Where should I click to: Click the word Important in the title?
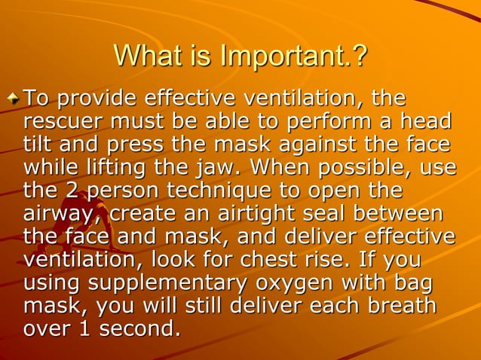pyautogui.click(x=287, y=56)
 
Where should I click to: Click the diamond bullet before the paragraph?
pyautogui.click(x=14, y=99)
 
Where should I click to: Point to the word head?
pyautogui.click(x=428, y=122)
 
